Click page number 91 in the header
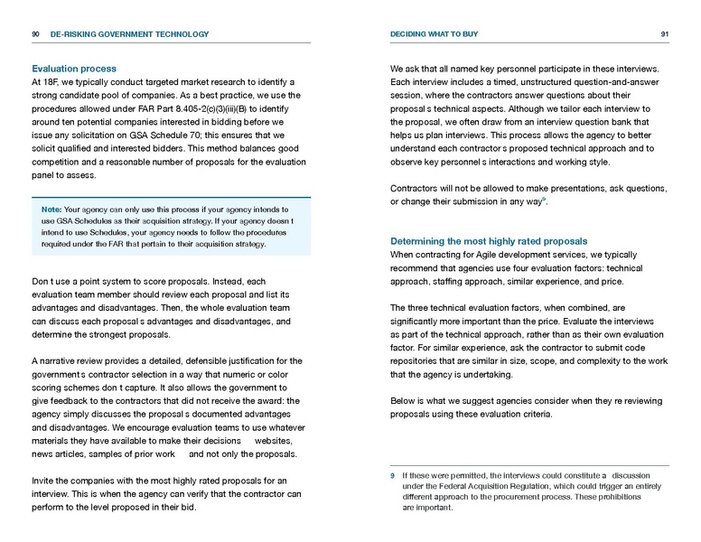tap(664, 34)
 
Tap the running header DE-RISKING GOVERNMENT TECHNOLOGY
tap(129, 34)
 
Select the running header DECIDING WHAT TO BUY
tap(434, 34)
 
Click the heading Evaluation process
tap(73, 68)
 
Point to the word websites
tap(274, 439)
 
